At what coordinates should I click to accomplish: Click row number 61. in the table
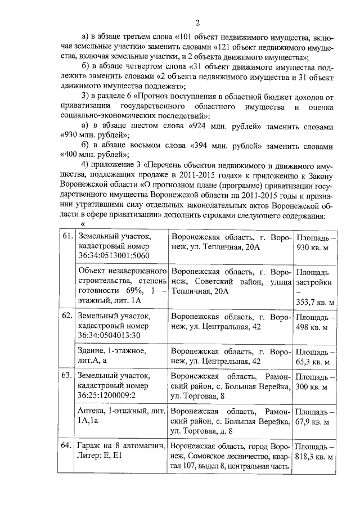click(x=68, y=236)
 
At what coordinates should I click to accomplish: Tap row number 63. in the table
click(x=68, y=375)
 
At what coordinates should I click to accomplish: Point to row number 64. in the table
click(x=68, y=445)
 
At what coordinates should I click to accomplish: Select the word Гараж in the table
click(x=89, y=445)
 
